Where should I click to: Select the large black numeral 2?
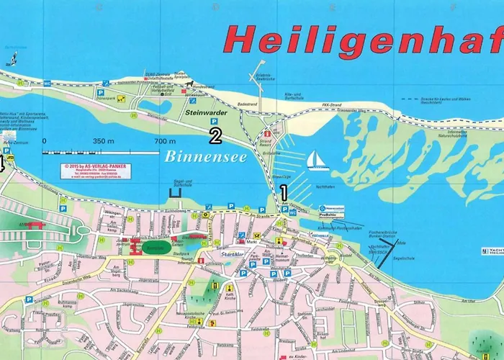point(215,134)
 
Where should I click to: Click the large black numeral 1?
point(284,192)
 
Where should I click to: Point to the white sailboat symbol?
point(318,159)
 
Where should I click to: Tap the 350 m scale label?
point(103,141)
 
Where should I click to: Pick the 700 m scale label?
point(165,141)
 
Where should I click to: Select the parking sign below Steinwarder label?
point(214,122)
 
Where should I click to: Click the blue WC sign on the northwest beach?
point(47,84)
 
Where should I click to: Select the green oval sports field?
point(154,247)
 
